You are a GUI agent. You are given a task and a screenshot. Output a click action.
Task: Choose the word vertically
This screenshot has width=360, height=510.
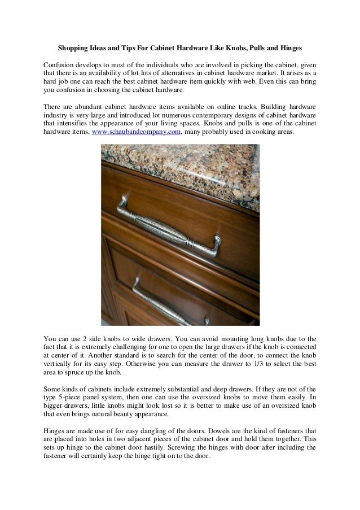60,364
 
